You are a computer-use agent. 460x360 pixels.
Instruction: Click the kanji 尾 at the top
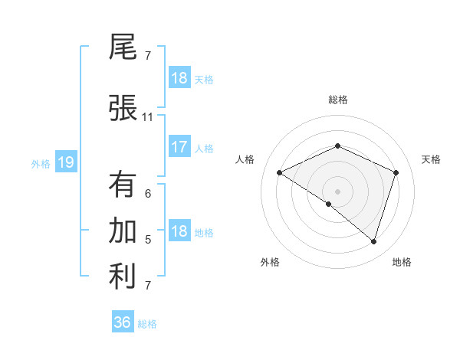tap(123, 47)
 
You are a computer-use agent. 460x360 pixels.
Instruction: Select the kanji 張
tap(123, 107)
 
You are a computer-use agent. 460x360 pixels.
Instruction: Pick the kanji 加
tap(123, 231)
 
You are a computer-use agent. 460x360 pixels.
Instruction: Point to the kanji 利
tap(123, 277)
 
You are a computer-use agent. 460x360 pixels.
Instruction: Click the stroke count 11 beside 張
tap(148, 117)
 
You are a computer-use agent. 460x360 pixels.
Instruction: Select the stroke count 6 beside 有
tap(148, 194)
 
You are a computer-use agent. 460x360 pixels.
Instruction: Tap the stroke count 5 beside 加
tap(148, 240)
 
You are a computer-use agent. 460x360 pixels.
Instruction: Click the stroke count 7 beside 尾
tap(148, 56)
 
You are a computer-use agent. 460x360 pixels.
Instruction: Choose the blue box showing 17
tap(179, 147)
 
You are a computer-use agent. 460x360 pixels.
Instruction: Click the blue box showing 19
tap(66, 162)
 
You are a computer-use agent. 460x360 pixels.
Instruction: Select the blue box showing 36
tap(123, 322)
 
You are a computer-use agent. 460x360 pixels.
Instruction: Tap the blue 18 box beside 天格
tap(179, 77)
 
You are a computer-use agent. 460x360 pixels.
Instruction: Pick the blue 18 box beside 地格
tap(179, 231)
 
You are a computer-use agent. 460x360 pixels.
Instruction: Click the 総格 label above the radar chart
tap(337, 100)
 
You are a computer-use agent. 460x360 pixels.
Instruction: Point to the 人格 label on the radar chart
tap(245, 159)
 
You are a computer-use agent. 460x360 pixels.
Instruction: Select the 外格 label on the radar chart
tap(270, 262)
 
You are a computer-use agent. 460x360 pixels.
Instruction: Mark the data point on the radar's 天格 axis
tap(396, 172)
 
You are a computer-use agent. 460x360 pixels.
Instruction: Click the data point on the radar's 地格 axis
tap(373, 241)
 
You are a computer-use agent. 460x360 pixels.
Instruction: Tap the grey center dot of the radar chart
tap(337, 191)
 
